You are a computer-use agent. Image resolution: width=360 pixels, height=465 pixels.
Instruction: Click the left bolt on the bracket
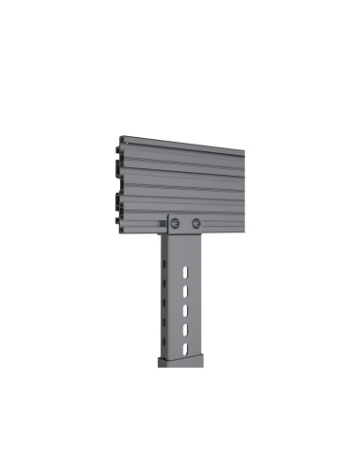coord(177,222)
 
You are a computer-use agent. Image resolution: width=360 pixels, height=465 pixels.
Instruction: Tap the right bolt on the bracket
coord(196,223)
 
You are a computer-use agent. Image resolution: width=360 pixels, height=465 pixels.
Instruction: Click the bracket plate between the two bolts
coord(186,223)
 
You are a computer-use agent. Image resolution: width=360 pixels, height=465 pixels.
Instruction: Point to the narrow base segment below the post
coord(183,365)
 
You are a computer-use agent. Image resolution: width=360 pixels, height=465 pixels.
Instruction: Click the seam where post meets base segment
coord(185,358)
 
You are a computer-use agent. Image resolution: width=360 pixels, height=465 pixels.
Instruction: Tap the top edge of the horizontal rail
coord(184,142)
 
